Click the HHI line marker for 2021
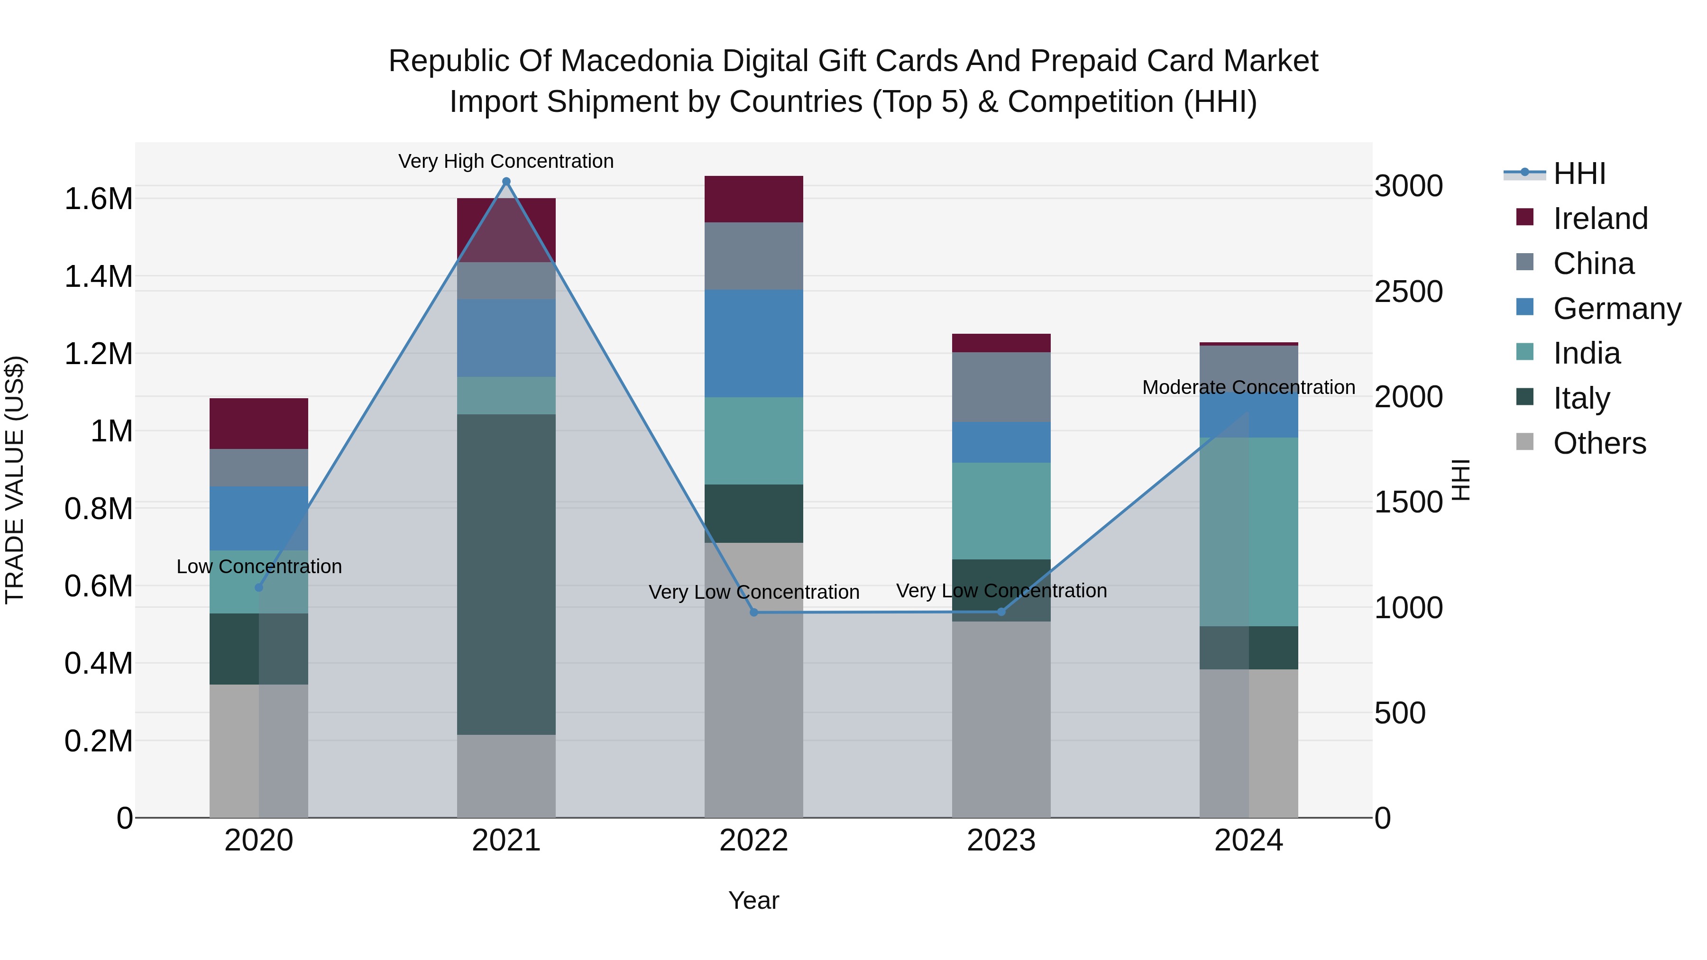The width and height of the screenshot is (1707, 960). pyautogui.click(x=506, y=182)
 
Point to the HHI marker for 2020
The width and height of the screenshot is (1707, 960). pyautogui.click(x=259, y=588)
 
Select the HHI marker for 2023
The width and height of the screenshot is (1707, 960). pyautogui.click(x=1001, y=612)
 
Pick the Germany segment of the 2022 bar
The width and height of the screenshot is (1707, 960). pyautogui.click(x=753, y=343)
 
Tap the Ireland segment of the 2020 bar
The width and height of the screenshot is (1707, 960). pyautogui.click(x=259, y=423)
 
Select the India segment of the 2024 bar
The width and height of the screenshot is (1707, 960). pyautogui.click(x=1248, y=531)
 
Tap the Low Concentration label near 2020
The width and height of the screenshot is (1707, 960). pyautogui.click(x=259, y=567)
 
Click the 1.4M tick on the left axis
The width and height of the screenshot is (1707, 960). pyautogui.click(x=98, y=276)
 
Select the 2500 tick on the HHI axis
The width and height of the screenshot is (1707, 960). pyautogui.click(x=1408, y=292)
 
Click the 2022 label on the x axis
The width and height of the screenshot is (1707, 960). pyautogui.click(x=753, y=840)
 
